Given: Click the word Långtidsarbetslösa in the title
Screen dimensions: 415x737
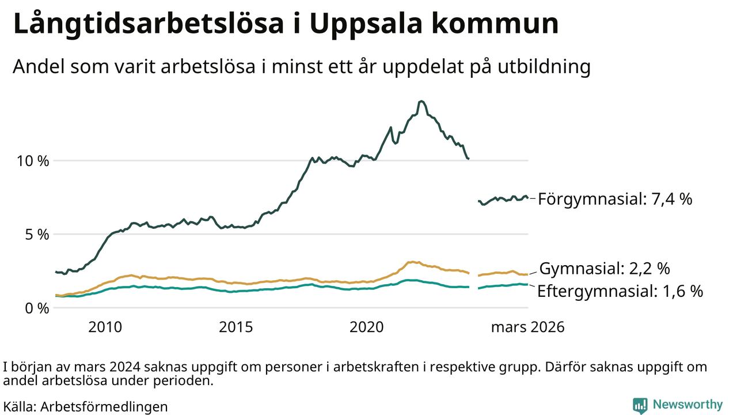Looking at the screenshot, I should coord(149,25).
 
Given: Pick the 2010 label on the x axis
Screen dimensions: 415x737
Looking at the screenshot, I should coord(105,327).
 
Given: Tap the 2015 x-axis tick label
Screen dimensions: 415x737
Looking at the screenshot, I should coord(236,327).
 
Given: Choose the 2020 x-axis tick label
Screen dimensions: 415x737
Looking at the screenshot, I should coord(367,327).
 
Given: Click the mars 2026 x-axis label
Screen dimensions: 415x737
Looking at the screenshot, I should coord(527,327).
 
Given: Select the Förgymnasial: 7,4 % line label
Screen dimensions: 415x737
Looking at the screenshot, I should coord(614,199).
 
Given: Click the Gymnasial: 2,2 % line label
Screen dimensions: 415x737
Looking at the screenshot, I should coord(605,269).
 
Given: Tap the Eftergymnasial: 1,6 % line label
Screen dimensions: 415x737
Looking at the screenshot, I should coord(620,291).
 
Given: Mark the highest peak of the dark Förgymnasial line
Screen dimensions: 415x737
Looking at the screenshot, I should coord(421,101).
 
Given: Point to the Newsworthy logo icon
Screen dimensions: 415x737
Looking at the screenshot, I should coord(640,405).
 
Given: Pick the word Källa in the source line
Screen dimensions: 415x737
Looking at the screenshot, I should coord(18,406).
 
